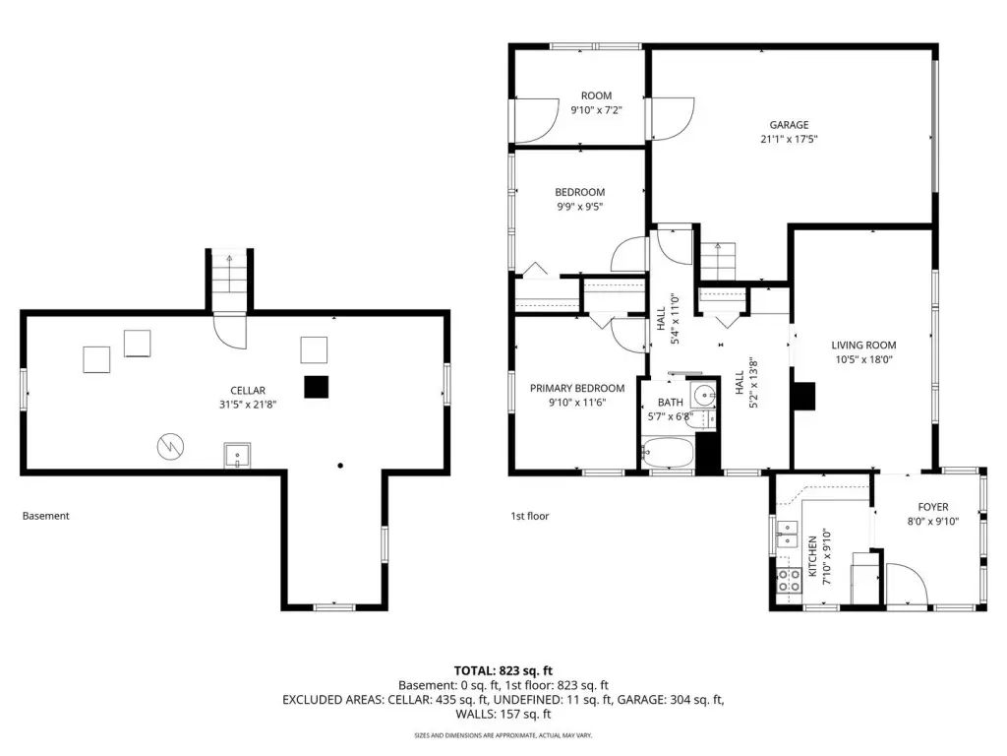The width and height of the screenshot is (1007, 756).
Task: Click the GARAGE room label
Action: tap(789, 125)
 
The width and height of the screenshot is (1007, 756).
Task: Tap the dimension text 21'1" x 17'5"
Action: tap(789, 139)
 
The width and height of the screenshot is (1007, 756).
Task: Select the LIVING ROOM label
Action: tap(863, 346)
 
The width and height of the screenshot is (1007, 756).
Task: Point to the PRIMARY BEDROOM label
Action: tap(576, 388)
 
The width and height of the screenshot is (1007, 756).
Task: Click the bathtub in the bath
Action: tap(668, 453)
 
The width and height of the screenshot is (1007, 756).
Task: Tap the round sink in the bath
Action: tap(705, 394)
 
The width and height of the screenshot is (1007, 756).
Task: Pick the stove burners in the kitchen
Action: tap(789, 581)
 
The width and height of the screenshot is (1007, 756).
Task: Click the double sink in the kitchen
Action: tap(787, 534)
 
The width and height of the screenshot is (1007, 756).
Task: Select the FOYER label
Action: tap(932, 507)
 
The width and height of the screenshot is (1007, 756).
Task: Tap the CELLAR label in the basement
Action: tap(247, 390)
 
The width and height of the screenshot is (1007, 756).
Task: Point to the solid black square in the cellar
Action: tap(316, 387)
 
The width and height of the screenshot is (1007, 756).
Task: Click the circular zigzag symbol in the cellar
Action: tap(170, 446)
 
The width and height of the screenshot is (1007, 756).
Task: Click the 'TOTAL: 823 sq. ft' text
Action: tap(503, 671)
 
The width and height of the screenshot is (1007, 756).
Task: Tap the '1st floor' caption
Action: tap(530, 516)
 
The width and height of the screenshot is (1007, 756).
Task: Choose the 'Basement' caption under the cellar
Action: tap(45, 516)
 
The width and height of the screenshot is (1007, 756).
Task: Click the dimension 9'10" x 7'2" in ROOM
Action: tap(596, 110)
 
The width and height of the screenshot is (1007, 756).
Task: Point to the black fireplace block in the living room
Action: tap(804, 396)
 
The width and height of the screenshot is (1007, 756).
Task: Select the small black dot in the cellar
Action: tap(340, 466)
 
